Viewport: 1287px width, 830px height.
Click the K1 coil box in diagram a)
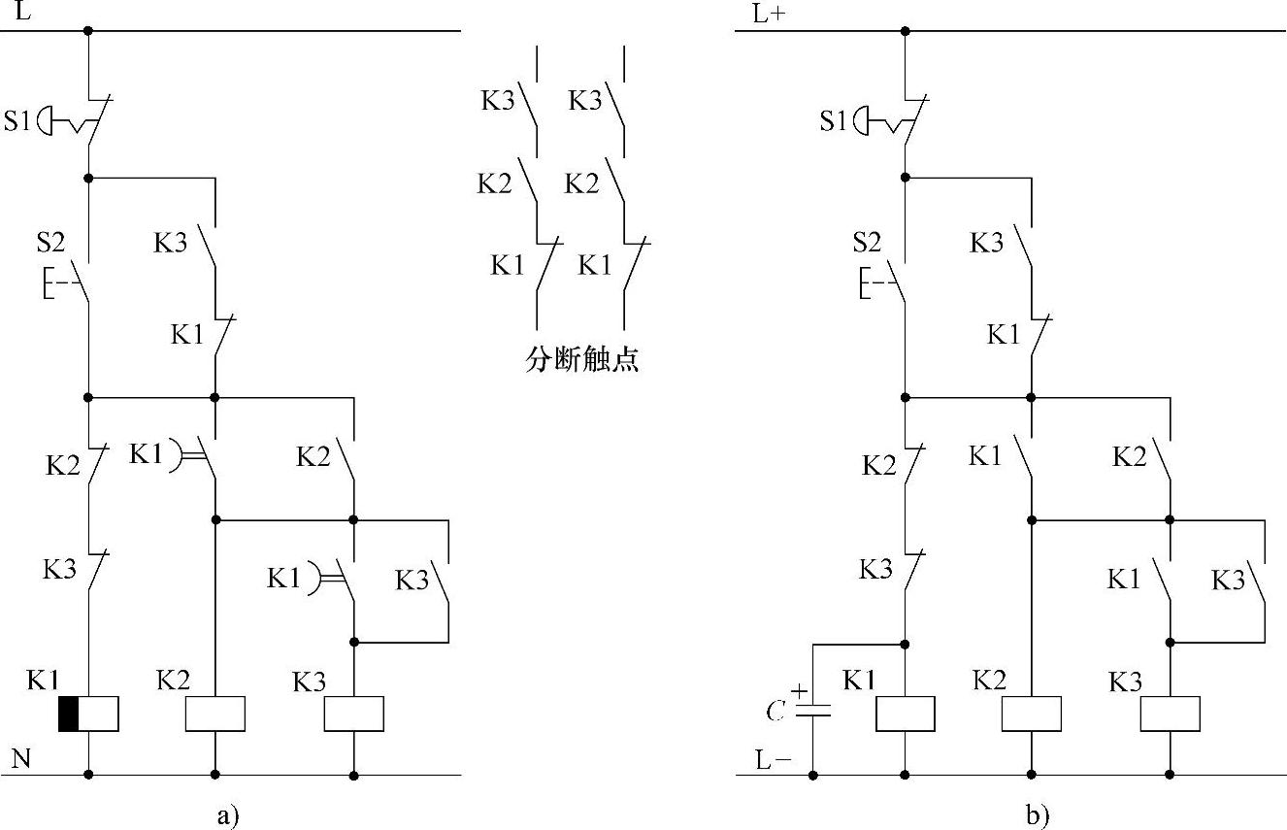tap(88, 714)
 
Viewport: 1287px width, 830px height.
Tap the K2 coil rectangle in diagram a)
tap(214, 714)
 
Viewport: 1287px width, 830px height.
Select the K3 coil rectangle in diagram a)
tap(353, 714)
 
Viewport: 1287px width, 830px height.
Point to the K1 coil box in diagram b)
tap(905, 714)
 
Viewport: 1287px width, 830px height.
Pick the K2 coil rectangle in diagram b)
tap(1031, 714)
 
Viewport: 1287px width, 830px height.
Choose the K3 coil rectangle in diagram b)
tap(1170, 714)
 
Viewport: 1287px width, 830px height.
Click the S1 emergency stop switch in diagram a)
tap(68, 122)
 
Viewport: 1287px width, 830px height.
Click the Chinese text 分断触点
tap(581, 361)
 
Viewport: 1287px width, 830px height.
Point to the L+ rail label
tap(766, 15)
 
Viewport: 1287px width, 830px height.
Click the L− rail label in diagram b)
tap(774, 760)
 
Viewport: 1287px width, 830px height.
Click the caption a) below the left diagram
tap(226, 815)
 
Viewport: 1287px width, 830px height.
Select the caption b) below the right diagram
tap(1038, 815)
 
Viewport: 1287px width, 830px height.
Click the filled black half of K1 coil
tap(68, 714)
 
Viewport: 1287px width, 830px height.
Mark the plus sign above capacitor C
tap(799, 691)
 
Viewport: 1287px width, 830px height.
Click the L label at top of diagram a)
tap(20, 14)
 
